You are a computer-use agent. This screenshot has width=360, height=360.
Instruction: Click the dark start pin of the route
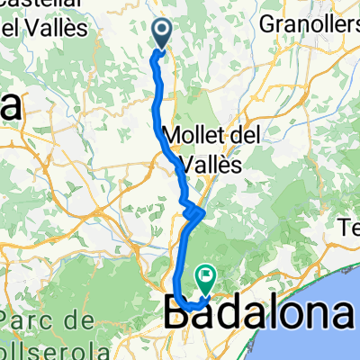point(163,32)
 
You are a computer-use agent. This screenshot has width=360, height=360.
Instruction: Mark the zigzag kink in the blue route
point(194,212)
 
